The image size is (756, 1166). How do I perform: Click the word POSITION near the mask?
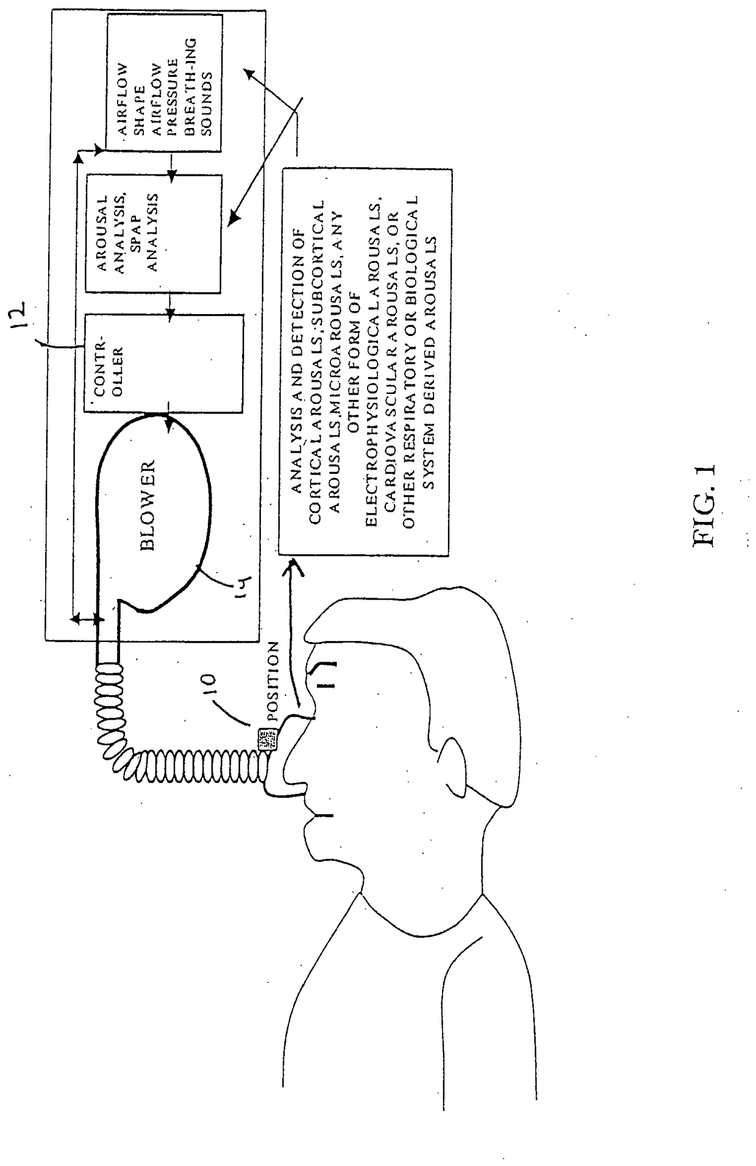273,681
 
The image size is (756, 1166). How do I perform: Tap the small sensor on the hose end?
266,740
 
